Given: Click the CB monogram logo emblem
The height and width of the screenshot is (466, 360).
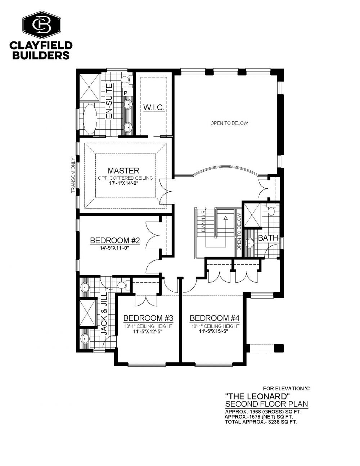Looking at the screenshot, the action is (x=42, y=25).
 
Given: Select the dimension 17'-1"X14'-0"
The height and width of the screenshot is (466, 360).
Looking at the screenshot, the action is (x=123, y=184).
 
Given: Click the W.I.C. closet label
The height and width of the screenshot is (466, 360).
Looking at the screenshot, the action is (x=154, y=107).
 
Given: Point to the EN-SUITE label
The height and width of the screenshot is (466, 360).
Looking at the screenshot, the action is (x=109, y=101).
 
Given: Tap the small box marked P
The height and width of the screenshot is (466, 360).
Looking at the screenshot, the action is (x=126, y=93).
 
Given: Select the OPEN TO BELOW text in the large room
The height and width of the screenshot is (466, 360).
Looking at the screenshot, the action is (x=229, y=123).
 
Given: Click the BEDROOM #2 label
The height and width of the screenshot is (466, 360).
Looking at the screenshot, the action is (x=115, y=241).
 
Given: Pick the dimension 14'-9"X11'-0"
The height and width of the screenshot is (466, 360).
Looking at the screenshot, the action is (x=115, y=248).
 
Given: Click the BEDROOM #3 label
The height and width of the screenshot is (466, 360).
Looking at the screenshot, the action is (x=148, y=318).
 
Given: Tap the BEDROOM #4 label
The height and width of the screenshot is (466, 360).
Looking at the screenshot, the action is (x=215, y=318).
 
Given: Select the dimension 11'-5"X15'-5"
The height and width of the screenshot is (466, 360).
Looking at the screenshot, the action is (x=213, y=331).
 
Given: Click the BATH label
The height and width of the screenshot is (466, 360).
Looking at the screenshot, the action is (x=268, y=238).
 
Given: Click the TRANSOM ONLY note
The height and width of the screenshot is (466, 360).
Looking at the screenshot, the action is (x=73, y=175).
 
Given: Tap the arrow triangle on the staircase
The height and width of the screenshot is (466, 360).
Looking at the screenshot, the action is (x=225, y=218).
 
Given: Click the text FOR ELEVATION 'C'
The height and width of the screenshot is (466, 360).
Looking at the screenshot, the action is (x=287, y=388).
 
